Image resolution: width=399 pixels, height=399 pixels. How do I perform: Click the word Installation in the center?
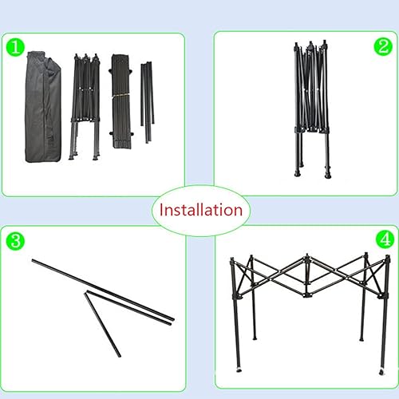click(x=200, y=211)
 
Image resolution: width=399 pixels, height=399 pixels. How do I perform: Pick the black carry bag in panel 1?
click(x=45, y=109)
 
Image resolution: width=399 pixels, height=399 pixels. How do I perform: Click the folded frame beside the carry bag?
click(x=85, y=104)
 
